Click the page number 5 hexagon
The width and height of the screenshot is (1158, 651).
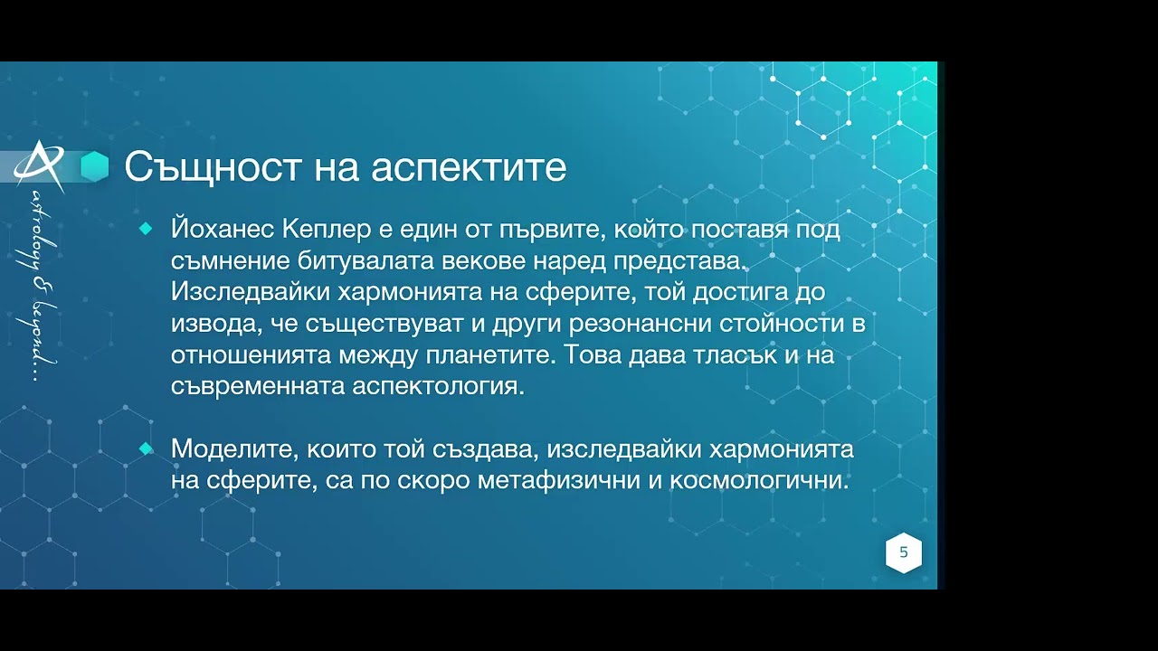click(x=903, y=552)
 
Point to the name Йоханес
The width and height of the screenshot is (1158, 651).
click(x=223, y=230)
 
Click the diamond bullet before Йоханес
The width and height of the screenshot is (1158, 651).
click(x=146, y=230)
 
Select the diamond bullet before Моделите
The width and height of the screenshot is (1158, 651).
click(x=146, y=448)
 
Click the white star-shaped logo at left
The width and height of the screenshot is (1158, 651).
click(x=41, y=165)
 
